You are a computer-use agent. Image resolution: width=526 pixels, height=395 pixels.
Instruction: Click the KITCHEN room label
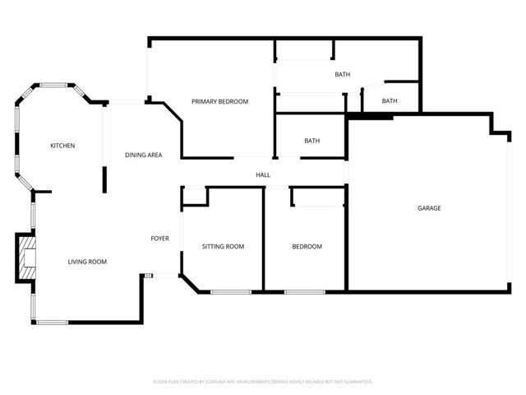(62, 146)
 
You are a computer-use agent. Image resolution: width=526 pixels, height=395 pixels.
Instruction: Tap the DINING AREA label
(143, 155)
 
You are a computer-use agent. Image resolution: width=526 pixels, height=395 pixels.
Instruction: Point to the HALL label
(263, 174)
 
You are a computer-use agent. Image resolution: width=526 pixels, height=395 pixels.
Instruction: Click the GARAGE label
(429, 208)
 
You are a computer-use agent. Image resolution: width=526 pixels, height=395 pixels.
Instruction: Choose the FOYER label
(159, 239)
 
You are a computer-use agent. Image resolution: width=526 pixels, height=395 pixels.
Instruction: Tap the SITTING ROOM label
(224, 246)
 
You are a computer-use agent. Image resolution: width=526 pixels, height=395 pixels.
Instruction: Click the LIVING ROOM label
(87, 262)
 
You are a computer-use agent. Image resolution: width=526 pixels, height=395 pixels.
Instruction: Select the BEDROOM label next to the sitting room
(307, 246)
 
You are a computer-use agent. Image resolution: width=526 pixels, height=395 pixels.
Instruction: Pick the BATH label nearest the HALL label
(311, 141)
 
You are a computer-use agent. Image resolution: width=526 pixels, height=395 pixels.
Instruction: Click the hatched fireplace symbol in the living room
(28, 257)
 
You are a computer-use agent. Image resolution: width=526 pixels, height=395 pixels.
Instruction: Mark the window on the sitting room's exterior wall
(231, 291)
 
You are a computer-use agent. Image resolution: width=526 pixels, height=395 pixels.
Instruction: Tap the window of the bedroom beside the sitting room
(305, 291)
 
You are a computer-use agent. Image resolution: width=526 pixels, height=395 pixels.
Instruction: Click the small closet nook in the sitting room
(194, 196)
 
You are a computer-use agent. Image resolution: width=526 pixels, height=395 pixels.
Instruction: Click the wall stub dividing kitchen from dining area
(104, 179)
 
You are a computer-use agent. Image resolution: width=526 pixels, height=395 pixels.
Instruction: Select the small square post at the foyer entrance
(148, 276)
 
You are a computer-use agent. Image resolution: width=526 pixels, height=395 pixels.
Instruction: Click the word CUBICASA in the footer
(219, 382)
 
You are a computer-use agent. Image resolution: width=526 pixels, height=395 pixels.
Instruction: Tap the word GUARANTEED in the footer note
(356, 382)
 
